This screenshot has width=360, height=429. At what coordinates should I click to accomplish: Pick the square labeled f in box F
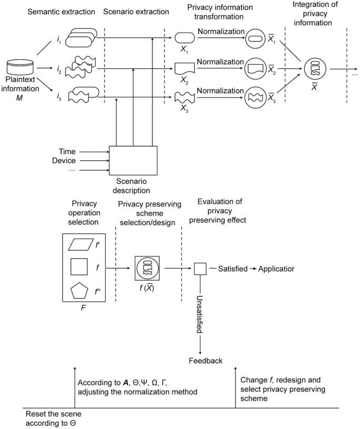[81, 268]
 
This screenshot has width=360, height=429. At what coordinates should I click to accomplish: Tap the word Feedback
[205, 360]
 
